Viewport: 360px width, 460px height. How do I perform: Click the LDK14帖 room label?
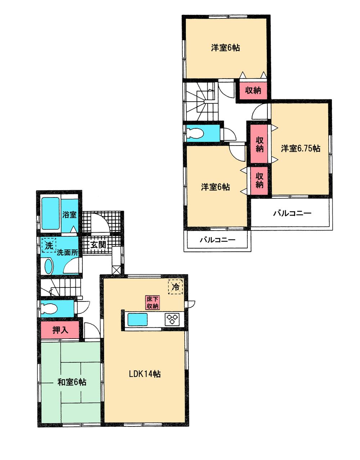pos(145,374)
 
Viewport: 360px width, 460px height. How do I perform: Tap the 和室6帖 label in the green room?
pos(72,382)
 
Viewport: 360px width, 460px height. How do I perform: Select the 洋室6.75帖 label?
pos(301,148)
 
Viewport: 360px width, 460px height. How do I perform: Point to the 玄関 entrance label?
pos(98,245)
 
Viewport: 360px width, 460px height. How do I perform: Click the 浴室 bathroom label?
pos(69,215)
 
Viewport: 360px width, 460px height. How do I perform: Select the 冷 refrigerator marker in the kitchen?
pos(176,287)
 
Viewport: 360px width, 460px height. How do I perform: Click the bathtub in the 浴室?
pos(50,213)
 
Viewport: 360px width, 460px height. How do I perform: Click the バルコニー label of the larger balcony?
pos(292,213)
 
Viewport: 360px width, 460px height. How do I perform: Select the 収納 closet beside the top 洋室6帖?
pos(253,90)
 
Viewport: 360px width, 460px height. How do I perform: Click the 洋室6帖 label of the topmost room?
pos(225,48)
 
